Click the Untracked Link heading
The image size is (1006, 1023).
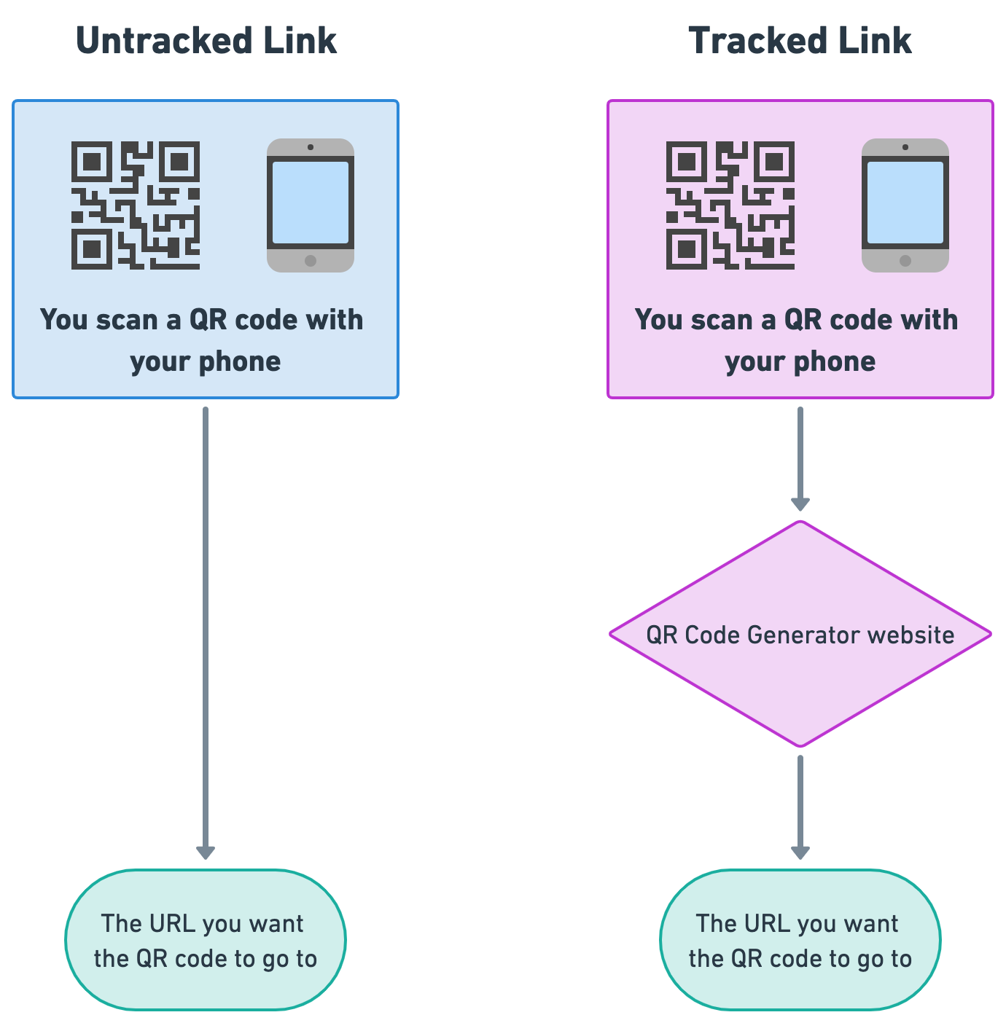pyautogui.click(x=206, y=41)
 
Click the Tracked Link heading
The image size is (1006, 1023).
pyautogui.click(x=800, y=41)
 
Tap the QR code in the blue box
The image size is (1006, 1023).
pyautogui.click(x=136, y=205)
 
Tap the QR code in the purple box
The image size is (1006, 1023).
pyautogui.click(x=730, y=205)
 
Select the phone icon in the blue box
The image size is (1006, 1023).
pyautogui.click(x=311, y=205)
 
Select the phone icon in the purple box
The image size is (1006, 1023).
pyautogui.click(x=905, y=205)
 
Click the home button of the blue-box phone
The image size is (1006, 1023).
pyautogui.click(x=311, y=261)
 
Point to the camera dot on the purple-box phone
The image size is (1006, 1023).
pyautogui.click(x=905, y=147)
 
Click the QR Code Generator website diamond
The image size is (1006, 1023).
pyautogui.click(x=800, y=634)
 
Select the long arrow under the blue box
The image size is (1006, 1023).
pyautogui.click(x=206, y=632)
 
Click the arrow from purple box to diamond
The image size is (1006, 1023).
pyautogui.click(x=800, y=459)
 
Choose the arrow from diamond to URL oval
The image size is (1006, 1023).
pyautogui.click(x=800, y=807)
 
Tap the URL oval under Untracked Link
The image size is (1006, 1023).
pyautogui.click(x=206, y=940)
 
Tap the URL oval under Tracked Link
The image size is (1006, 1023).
pyautogui.click(x=800, y=940)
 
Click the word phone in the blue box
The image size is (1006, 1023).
pyautogui.click(x=240, y=363)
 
